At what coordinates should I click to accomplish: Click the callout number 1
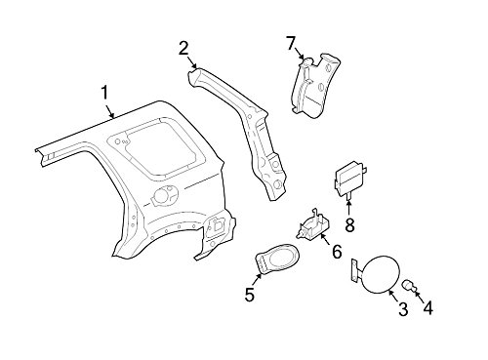point(104,94)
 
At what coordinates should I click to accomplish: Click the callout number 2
point(183,48)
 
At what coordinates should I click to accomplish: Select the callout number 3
point(401,310)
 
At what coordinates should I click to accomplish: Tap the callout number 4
point(426,310)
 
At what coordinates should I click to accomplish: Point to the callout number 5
point(250,292)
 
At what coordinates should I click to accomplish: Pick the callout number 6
point(336,253)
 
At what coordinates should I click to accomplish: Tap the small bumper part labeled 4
point(411,285)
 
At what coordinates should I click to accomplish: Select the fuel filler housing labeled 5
point(278,260)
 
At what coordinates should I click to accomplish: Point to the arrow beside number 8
point(349,207)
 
